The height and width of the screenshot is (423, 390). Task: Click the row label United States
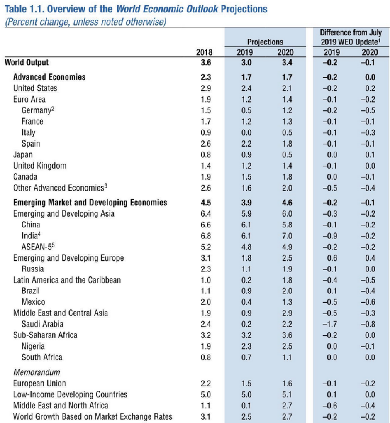tap(35, 88)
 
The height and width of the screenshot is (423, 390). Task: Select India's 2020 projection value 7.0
tap(287, 236)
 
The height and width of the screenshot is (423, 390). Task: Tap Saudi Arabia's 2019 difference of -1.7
tap(330, 324)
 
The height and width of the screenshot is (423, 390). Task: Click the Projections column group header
tap(265, 42)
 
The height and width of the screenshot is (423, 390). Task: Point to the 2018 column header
tap(204, 52)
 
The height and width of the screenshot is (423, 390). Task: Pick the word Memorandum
tap(37, 372)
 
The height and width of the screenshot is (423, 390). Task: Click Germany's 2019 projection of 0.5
tap(246, 110)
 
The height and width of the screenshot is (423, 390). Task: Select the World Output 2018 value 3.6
tap(206, 63)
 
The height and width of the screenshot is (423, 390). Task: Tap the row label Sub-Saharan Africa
tap(45, 335)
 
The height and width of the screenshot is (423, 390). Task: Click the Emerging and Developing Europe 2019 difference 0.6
tap(332, 258)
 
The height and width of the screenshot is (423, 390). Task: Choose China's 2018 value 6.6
tap(206, 225)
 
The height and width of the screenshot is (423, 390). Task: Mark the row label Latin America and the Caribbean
tap(67, 280)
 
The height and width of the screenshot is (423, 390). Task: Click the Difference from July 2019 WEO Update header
tap(351, 37)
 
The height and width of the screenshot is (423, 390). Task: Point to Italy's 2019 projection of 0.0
tap(246, 132)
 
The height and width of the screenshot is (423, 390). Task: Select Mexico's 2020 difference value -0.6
tap(368, 302)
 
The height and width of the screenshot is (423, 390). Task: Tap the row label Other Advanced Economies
tap(60, 188)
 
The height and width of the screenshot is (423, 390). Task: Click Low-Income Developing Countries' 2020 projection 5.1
tap(287, 395)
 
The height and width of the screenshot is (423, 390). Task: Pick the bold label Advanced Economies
tap(49, 77)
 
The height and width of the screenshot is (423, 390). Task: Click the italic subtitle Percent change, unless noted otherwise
tap(85, 22)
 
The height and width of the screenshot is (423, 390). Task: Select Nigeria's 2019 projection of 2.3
tap(246, 346)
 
